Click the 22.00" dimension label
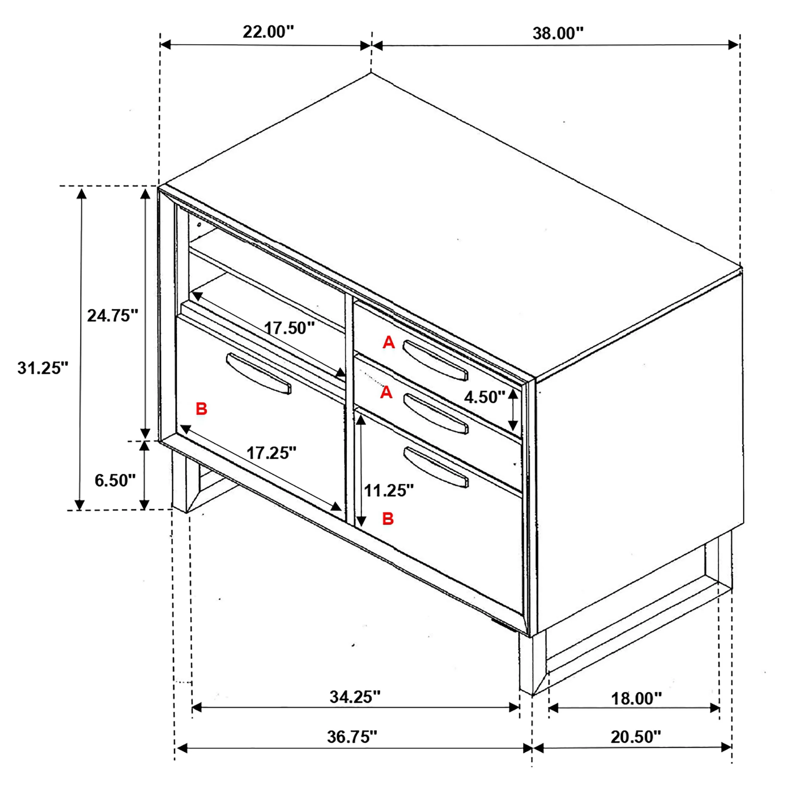268,32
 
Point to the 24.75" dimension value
113,316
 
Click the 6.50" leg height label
115,480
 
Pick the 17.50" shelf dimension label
290,328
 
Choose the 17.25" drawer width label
271,453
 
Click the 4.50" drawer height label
485,397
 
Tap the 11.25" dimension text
389,490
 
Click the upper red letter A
389,342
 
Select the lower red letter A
386,393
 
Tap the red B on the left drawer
202,408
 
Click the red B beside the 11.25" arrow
388,519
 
